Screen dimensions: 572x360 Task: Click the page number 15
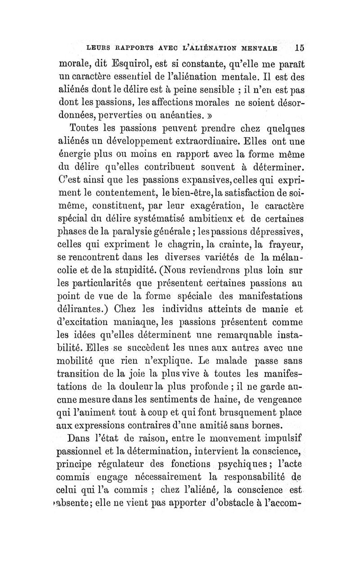point(298,47)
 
